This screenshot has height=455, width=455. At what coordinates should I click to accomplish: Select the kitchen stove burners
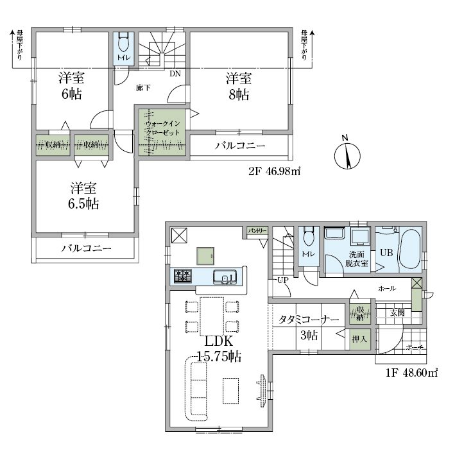[x=182, y=276]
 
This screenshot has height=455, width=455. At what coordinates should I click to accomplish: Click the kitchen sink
[x=225, y=277]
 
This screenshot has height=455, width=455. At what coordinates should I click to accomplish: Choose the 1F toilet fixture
[x=308, y=237]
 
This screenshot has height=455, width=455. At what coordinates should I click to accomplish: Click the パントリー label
[x=257, y=231]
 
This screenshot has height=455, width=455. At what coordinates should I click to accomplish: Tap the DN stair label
[x=175, y=74]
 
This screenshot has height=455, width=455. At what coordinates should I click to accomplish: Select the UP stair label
[x=283, y=280]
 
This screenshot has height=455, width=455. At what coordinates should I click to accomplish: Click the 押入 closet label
[x=359, y=339]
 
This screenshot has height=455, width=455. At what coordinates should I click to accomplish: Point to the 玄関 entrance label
[x=397, y=313]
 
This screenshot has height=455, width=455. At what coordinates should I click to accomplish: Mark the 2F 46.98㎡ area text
[x=274, y=171]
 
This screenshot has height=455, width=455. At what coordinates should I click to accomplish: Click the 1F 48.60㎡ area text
[x=411, y=373]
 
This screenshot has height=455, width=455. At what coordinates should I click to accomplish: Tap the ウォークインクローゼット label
[x=162, y=128]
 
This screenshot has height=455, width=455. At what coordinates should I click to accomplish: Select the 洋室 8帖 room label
[x=239, y=87]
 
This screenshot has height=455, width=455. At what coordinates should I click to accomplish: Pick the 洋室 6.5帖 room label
[x=83, y=196]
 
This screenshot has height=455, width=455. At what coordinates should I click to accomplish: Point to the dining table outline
[x=212, y=316]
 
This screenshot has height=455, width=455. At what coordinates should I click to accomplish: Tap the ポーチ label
[x=415, y=347]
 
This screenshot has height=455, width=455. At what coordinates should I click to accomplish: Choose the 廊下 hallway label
[x=143, y=88]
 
